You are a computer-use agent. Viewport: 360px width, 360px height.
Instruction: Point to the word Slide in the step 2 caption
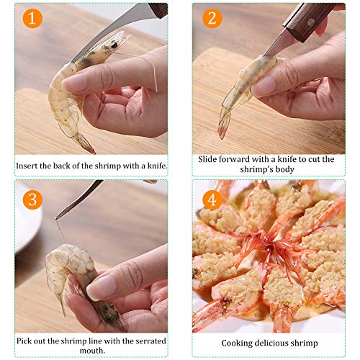(211, 159)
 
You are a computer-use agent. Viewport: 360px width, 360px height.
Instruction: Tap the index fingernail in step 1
(73, 82)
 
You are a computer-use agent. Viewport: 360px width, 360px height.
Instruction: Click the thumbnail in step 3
(102, 287)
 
